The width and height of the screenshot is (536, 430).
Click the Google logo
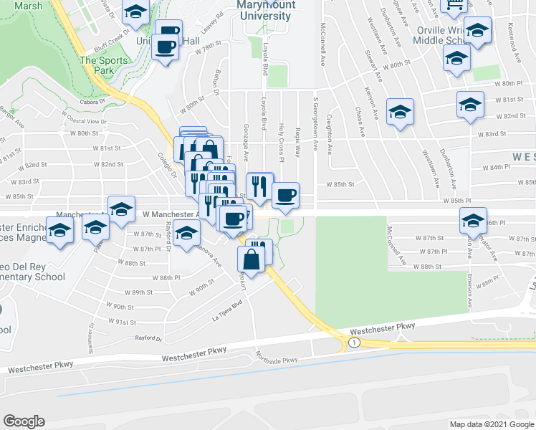coord(24,421)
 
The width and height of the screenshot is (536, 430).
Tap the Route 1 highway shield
coord(353,344)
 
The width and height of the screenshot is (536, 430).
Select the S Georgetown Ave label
coord(315,123)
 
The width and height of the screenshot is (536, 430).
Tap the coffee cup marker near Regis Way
coord(285,195)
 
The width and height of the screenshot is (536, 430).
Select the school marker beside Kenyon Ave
coord(401,111)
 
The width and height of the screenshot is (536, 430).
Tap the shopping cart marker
coord(454,4)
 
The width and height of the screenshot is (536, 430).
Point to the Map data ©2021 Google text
coord(491,424)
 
